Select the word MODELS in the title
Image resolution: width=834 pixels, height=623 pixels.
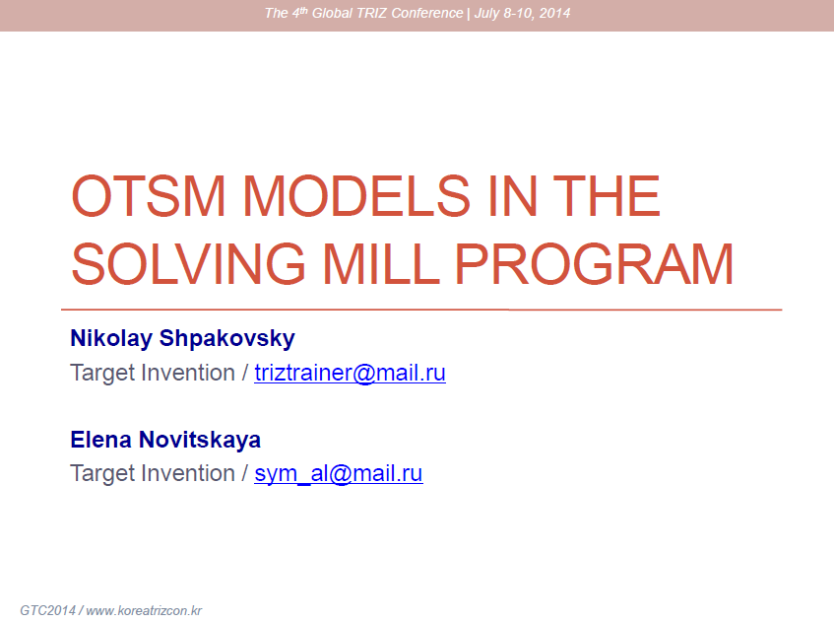356,196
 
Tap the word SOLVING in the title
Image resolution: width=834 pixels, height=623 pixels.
188,263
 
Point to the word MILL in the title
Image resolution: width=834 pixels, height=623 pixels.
381,263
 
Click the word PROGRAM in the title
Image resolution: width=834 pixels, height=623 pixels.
594,263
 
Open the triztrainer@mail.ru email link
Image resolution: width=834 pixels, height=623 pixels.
350,373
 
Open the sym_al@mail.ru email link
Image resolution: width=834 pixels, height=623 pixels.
339,473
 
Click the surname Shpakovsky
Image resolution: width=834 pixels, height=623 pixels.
227,339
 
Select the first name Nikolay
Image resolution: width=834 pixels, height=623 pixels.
111,339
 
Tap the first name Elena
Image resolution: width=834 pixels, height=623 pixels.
101,440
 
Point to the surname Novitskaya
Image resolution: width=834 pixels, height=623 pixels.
200,441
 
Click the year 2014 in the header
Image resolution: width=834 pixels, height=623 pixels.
554,13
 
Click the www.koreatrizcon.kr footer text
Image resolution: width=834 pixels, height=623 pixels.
144,610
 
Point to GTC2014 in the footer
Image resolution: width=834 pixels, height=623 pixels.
48,610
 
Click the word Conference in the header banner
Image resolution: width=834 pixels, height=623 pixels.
427,13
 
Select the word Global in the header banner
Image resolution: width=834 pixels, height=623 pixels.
333,13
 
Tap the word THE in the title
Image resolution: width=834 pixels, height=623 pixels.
607,196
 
